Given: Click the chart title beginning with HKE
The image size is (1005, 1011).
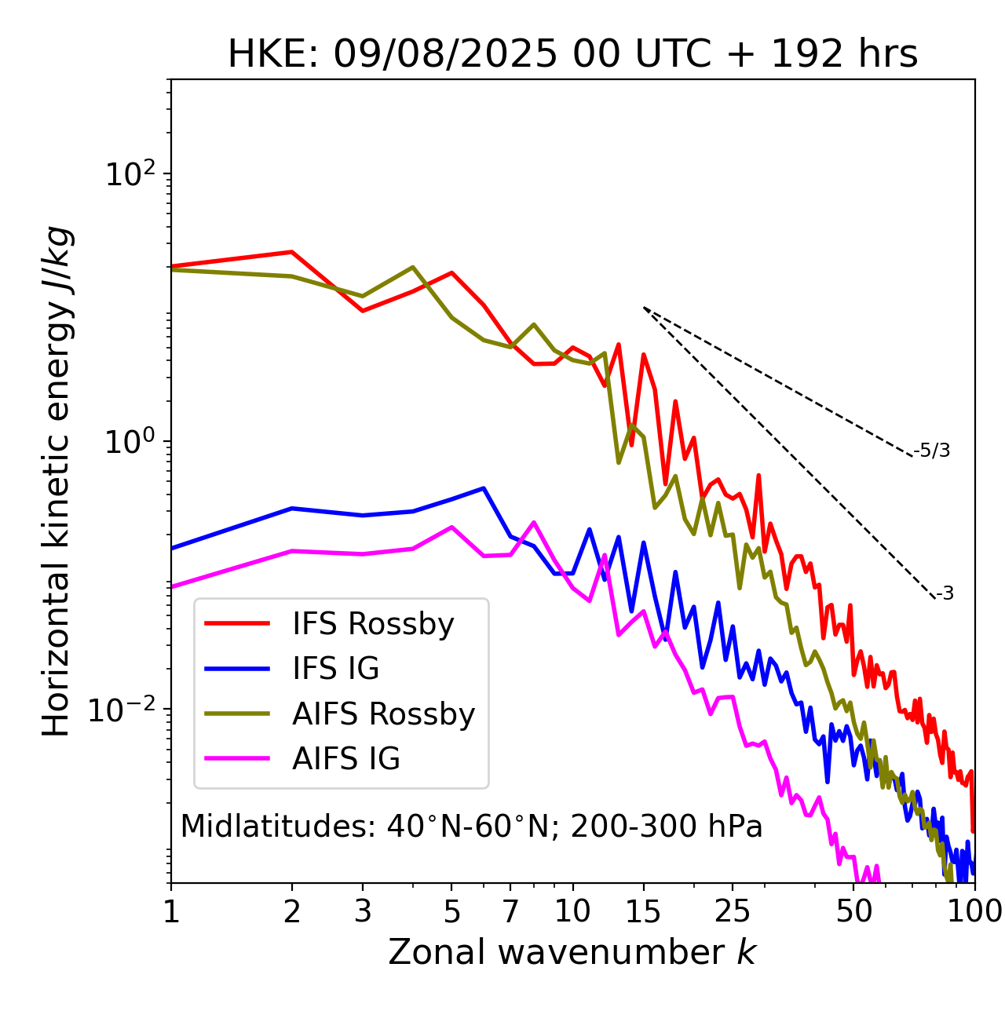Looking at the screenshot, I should pyautogui.click(x=572, y=54).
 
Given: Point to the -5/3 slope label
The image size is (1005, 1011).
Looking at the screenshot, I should pyautogui.click(x=932, y=451).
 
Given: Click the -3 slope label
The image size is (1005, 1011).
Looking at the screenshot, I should pyautogui.click(x=945, y=593).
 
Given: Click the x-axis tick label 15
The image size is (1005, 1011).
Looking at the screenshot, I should pyautogui.click(x=644, y=911).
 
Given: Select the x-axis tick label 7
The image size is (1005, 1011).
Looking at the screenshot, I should pyautogui.click(x=510, y=911).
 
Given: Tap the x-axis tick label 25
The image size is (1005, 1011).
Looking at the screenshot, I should pyautogui.click(x=733, y=911).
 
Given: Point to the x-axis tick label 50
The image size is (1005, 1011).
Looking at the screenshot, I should pyautogui.click(x=853, y=911).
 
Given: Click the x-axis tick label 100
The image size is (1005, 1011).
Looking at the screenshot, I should pyautogui.click(x=974, y=911).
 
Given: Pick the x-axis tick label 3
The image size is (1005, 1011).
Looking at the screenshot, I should pyautogui.click(x=362, y=911).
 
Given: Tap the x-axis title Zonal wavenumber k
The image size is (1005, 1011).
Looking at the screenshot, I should pyautogui.click(x=572, y=952).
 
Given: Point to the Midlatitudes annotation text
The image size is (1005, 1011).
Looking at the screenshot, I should pyautogui.click(x=471, y=827).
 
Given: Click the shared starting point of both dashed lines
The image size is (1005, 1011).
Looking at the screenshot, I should pyautogui.click(x=644, y=308).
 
